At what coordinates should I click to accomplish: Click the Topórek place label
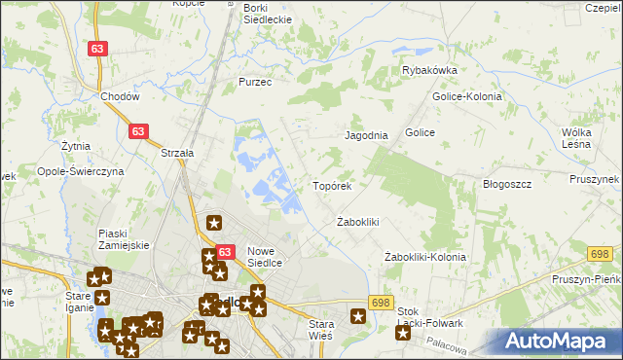click(338, 185)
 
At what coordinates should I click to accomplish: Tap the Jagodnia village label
click(367, 136)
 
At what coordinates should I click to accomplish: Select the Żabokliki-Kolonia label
click(424, 257)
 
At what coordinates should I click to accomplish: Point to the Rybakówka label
click(429, 70)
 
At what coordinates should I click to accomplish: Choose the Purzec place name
click(255, 83)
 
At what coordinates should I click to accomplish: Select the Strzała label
click(178, 153)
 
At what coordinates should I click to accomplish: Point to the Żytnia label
click(75, 146)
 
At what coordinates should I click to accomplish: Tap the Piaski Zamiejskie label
click(124, 238)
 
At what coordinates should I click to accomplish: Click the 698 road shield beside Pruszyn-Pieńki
click(600, 253)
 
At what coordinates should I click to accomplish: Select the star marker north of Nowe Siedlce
click(215, 223)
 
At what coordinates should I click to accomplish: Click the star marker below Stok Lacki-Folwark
click(403, 334)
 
